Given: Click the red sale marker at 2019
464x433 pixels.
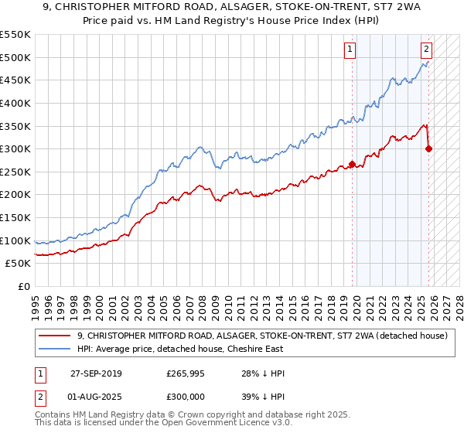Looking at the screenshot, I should coord(352,164).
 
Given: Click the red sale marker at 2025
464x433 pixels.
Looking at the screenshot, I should coord(429,148).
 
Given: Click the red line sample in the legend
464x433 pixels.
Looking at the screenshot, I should coord(55,336).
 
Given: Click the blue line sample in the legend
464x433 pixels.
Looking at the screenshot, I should coord(55,349).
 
